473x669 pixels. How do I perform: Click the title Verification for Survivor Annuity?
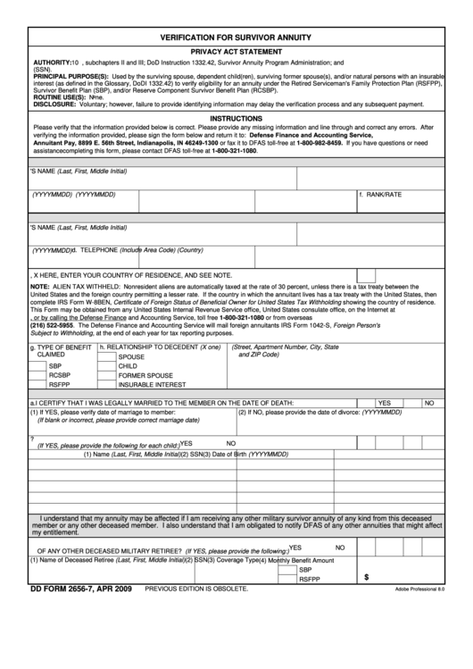[x=236, y=38]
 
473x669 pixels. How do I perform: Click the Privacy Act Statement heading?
[x=236, y=53]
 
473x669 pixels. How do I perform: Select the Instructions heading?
[x=236, y=118]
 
